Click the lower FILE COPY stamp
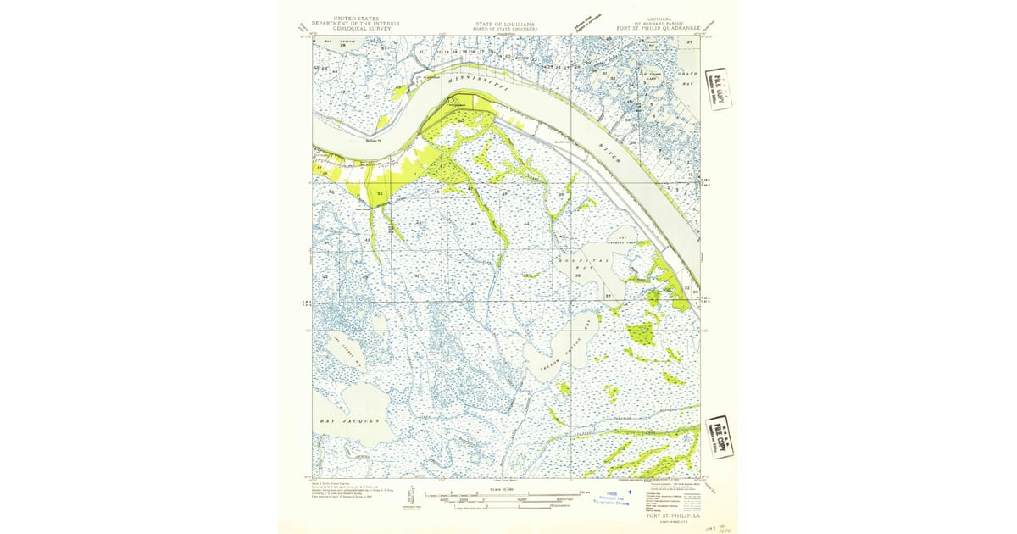[x=721, y=437]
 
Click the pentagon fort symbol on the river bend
[x=452, y=100]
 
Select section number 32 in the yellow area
[x=380, y=194]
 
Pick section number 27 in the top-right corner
[x=690, y=42]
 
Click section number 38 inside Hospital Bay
[x=577, y=275]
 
